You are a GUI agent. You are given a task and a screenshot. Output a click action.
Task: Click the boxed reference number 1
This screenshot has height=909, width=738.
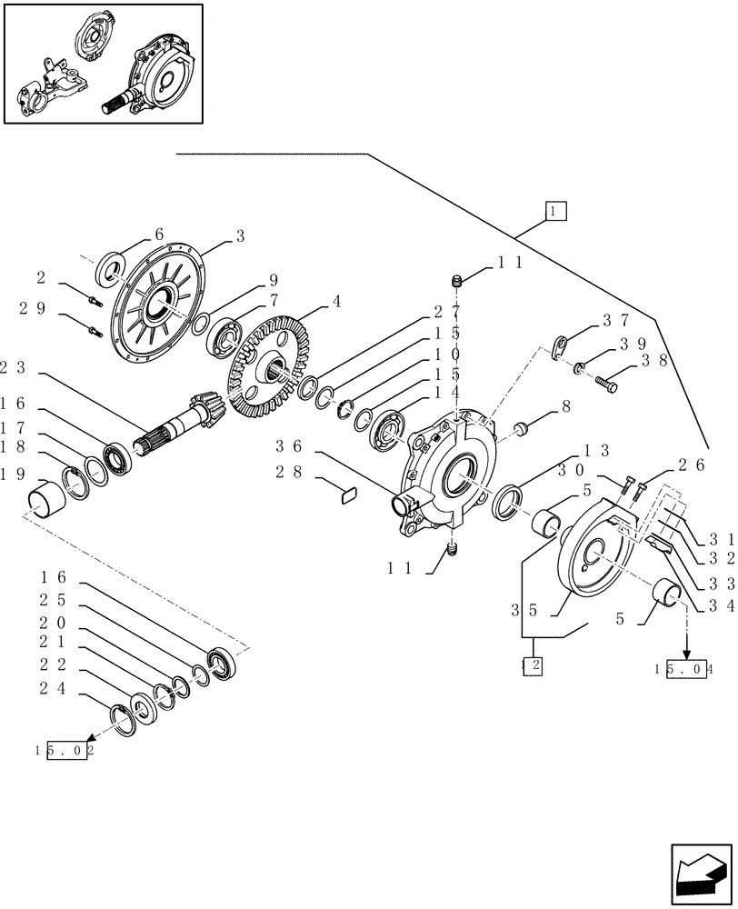click(x=556, y=211)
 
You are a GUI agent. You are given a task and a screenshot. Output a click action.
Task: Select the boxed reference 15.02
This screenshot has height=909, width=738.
click(x=68, y=752)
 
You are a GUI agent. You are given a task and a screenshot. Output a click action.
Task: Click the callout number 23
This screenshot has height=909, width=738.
click(x=13, y=368)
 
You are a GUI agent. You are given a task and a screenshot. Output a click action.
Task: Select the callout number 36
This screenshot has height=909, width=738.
click(x=290, y=446)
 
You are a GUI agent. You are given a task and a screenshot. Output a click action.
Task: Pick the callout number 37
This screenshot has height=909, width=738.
click(x=615, y=321)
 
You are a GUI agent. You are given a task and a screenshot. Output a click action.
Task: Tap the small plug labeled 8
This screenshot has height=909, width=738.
click(x=522, y=427)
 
